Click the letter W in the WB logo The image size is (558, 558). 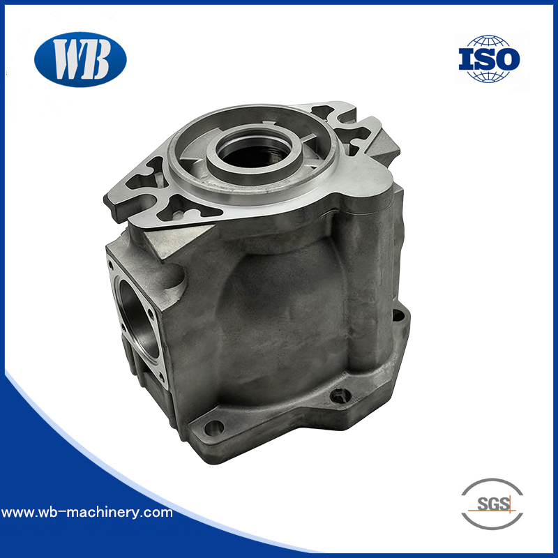click(68, 60)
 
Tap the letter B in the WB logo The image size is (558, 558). click(97, 61)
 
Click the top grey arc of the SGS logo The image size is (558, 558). click(492, 483)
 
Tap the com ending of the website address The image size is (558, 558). click(160, 513)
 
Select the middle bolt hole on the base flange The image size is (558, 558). click(340, 396)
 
